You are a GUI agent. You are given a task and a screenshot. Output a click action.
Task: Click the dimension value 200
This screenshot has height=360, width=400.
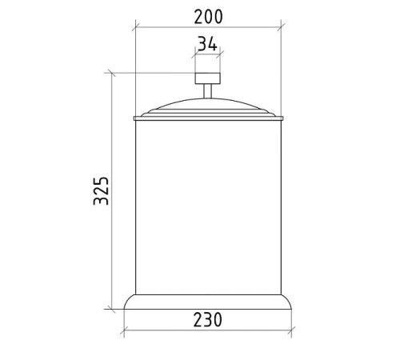[208, 17]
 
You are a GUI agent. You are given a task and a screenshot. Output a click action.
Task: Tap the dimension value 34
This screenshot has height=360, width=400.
[207, 44]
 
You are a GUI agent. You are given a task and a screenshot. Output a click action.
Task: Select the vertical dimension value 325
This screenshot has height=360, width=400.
[102, 190]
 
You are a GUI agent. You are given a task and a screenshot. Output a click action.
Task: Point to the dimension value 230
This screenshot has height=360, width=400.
[207, 319]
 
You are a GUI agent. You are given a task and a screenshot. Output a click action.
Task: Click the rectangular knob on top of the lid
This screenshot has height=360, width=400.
[208, 78]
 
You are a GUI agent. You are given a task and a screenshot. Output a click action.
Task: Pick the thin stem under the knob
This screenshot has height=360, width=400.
[208, 91]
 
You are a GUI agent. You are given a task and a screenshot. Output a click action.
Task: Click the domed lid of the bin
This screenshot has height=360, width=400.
[208, 107]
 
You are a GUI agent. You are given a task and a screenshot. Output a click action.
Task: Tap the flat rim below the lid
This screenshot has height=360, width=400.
[208, 118]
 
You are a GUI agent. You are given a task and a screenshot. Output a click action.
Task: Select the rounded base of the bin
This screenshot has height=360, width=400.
[208, 302]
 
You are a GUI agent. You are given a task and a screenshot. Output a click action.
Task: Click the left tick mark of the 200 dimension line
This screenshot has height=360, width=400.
[136, 27]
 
